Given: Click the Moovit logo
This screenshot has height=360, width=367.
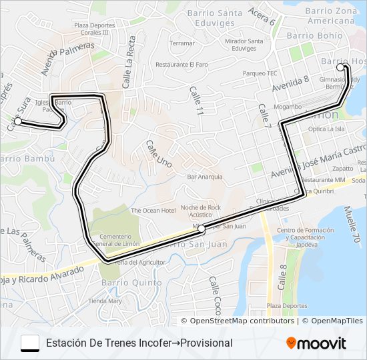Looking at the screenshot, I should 316,343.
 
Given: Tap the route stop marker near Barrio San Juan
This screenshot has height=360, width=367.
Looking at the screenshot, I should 202,228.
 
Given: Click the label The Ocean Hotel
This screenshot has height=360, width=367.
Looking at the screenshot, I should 153,211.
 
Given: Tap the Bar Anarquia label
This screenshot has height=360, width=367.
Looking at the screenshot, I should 205,177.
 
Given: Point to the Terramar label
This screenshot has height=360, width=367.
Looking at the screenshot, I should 182,43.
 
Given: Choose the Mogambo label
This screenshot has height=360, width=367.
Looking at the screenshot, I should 288,107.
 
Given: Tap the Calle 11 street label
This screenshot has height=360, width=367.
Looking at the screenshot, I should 196,101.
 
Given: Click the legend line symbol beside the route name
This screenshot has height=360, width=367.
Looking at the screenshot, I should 30,343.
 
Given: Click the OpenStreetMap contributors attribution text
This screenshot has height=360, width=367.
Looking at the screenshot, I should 242,321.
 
